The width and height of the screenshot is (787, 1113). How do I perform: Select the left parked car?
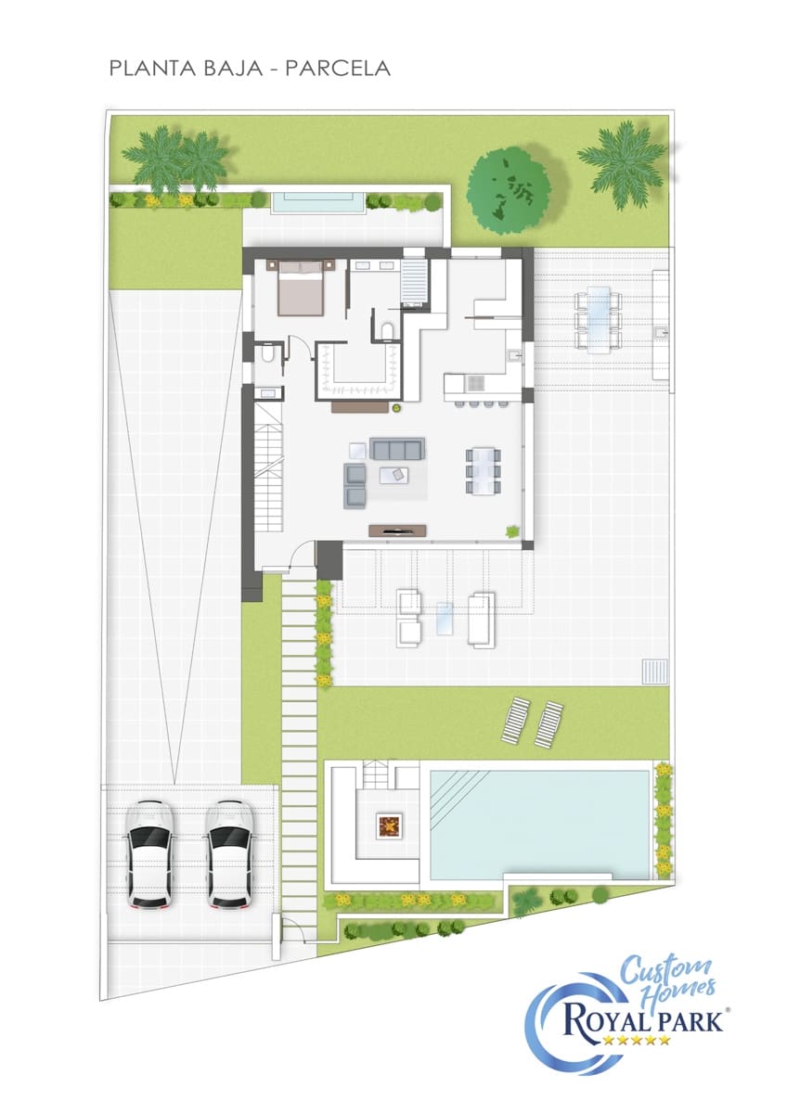(148, 852)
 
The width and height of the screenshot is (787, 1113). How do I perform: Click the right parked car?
(230, 852)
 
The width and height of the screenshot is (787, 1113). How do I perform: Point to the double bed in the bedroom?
(300, 288)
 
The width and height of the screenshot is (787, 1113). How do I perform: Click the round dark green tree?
(508, 190)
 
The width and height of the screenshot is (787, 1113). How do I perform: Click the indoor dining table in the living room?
(483, 470)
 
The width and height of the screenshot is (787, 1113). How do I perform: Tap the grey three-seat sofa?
(397, 449)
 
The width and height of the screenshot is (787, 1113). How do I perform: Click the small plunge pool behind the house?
(317, 202)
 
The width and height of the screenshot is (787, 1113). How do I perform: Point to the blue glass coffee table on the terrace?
(445, 618)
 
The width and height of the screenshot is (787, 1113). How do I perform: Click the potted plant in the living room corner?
(511, 531)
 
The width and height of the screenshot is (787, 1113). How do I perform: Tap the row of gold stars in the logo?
(636, 1041)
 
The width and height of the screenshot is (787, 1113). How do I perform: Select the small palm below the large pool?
(526, 899)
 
